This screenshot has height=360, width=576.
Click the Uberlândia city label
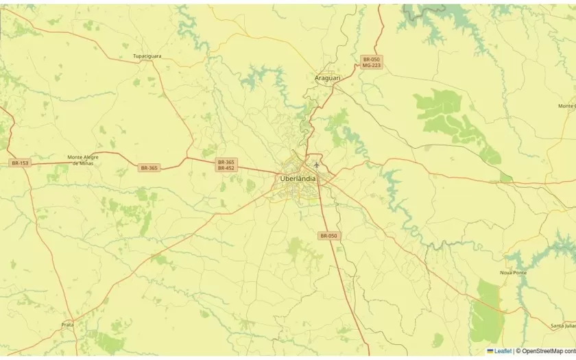(x=298, y=179)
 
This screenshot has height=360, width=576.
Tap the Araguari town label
(x=327, y=78)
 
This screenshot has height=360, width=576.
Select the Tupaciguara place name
(x=147, y=56)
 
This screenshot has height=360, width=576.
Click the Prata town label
(x=67, y=324)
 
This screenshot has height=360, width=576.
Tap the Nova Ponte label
(x=513, y=272)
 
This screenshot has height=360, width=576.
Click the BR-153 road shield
(x=20, y=163)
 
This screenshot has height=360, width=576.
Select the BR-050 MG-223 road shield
(x=371, y=62)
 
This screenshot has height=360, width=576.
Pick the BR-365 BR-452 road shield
(x=226, y=165)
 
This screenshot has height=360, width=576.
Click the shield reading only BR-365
(x=149, y=168)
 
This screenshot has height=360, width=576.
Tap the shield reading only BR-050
(x=328, y=236)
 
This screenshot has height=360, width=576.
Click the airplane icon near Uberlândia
(x=316, y=165)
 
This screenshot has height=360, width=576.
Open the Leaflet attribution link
(x=503, y=351)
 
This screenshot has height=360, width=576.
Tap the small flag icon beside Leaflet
(x=490, y=351)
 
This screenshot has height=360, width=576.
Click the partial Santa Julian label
(x=563, y=326)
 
